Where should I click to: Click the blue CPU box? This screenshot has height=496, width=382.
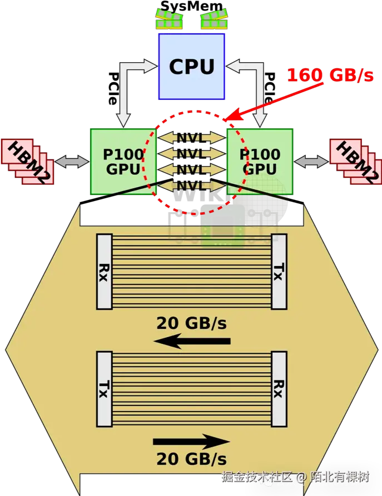(x=192, y=67)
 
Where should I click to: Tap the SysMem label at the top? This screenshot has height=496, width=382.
(x=192, y=6)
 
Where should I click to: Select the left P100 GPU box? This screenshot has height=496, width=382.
(x=123, y=161)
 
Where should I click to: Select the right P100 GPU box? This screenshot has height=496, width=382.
(x=260, y=161)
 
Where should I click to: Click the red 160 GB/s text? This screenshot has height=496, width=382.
(x=330, y=76)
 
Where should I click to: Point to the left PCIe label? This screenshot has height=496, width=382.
(x=113, y=88)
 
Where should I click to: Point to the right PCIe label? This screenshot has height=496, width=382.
(x=270, y=88)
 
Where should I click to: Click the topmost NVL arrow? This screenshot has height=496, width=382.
(x=192, y=138)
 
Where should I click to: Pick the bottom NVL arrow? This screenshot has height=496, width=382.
(x=192, y=186)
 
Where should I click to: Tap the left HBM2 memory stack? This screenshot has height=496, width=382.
(x=28, y=161)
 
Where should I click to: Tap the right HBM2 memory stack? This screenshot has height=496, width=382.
(x=356, y=161)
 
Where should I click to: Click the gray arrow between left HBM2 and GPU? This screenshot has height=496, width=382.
(x=72, y=161)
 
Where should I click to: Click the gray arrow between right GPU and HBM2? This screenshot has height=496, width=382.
(x=311, y=161)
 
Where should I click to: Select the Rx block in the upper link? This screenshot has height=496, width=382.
(x=105, y=272)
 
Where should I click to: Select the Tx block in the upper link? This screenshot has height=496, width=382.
(x=279, y=272)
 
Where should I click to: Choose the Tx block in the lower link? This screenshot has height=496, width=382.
(x=105, y=389)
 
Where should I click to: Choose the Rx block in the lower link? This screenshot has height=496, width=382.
(x=279, y=389)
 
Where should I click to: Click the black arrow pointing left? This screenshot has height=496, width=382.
(x=192, y=341)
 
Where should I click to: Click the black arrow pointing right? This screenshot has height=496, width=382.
(x=191, y=442)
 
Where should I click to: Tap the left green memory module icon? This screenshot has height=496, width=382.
(x=169, y=19)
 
